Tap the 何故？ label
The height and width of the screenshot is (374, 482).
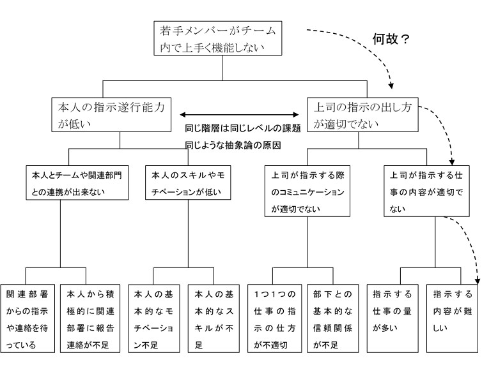coord(391,38)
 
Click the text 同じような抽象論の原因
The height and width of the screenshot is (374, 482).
coord(233,146)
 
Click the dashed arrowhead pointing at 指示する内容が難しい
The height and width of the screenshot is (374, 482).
coord(476,281)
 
